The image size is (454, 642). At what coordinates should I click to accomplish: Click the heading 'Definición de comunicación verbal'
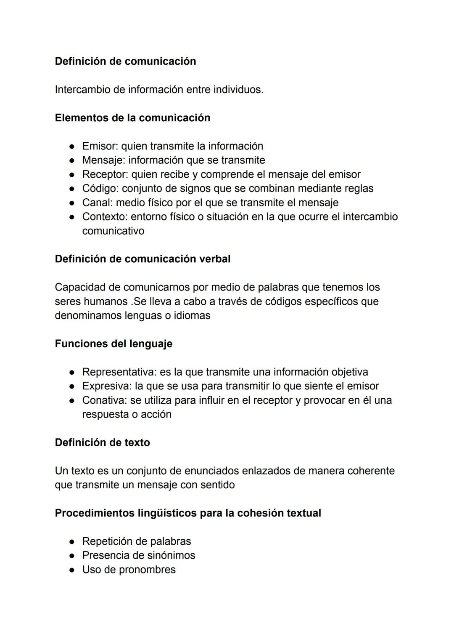click(x=143, y=259)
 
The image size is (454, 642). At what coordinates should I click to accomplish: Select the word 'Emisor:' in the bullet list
click(x=100, y=146)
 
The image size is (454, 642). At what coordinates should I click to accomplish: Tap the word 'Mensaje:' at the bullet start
click(x=103, y=160)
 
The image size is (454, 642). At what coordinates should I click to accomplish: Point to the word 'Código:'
click(x=100, y=189)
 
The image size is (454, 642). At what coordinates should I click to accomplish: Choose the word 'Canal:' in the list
click(x=98, y=203)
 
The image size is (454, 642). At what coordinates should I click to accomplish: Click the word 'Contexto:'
click(x=105, y=217)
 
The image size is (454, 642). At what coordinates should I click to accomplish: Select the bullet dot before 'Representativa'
click(x=72, y=373)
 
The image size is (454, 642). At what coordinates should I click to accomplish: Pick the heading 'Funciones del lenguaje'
click(x=113, y=344)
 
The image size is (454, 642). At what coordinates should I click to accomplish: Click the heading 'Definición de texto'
click(x=102, y=443)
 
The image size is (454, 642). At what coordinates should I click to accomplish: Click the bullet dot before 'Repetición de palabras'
click(x=72, y=542)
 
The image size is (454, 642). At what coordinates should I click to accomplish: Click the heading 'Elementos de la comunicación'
click(x=132, y=118)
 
